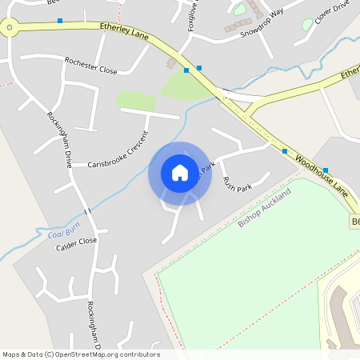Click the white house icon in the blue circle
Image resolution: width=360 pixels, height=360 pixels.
[180, 173]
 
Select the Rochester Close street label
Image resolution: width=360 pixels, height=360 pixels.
[90, 66]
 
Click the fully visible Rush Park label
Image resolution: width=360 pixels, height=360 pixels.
[237, 185]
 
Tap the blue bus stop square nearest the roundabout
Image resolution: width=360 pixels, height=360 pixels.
[60, 21]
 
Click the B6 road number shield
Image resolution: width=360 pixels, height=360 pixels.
[354, 221]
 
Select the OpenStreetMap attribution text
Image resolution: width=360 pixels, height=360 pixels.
[81, 354]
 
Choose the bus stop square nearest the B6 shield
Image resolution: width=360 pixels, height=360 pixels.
[326, 170]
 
